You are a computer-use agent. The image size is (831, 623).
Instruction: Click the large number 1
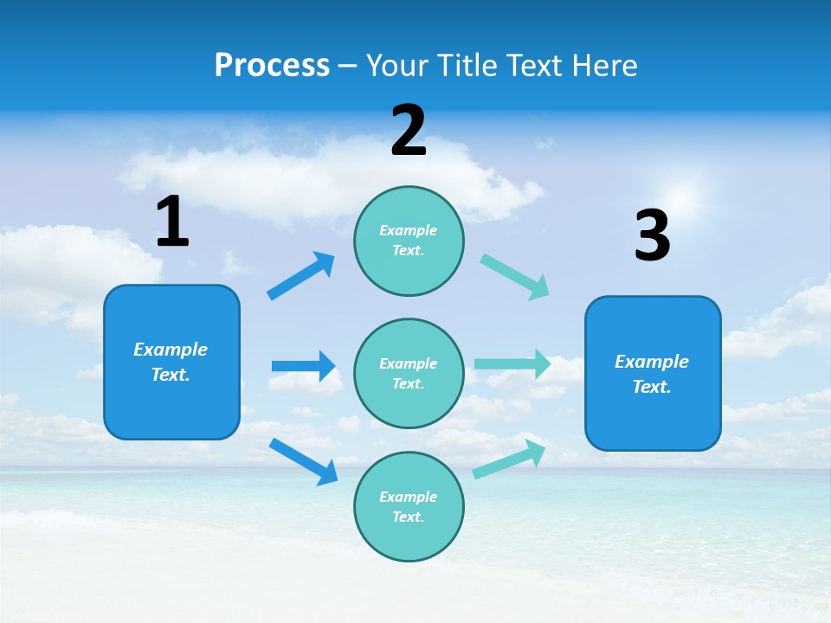[172, 222]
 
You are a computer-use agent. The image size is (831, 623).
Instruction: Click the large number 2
[409, 132]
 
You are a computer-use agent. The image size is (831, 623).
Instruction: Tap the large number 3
[652, 237]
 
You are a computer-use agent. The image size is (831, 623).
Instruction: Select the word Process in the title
[272, 65]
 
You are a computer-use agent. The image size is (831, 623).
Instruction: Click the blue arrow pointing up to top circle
[301, 275]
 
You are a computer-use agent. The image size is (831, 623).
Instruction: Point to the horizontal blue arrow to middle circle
[303, 366]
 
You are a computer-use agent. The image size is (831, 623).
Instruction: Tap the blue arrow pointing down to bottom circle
[304, 461]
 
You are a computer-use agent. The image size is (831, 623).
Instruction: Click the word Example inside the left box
[171, 350]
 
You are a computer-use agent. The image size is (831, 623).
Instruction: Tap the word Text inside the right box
[650, 387]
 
